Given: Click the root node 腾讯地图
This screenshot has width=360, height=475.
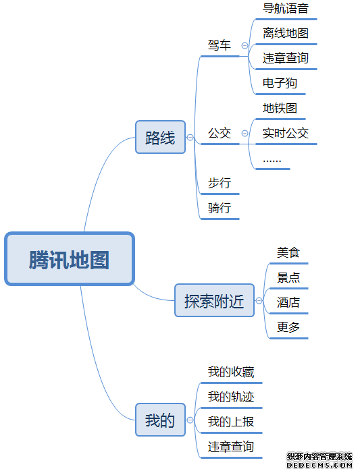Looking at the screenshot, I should pos(70,259).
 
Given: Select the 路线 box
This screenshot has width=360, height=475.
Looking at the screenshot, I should pos(160,138).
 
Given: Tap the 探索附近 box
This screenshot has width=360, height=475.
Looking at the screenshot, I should pos(214,301).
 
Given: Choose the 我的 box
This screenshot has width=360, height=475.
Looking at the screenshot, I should pos(160,420).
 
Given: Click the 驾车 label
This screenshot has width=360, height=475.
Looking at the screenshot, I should pos(220,46).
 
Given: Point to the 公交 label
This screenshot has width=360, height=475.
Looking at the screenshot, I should pos(220,133).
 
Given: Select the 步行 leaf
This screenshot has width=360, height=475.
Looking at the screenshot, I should pos(220,183).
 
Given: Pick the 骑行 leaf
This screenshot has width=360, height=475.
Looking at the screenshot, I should pos(220,208).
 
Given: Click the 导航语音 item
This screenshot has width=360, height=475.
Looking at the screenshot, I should pos(286,9).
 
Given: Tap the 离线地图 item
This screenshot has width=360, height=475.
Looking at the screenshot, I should pos(286,33).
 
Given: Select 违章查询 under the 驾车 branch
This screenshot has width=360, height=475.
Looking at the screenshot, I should pos(286,58).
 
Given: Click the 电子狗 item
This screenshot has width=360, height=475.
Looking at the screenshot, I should pos(280,83).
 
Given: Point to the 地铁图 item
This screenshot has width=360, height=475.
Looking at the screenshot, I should pos(280,108).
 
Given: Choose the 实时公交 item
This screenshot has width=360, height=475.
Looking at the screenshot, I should pos(286,133).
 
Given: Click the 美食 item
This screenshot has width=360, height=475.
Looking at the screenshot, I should pos(288,253).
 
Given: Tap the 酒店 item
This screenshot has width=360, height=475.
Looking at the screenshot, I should pos(288,302).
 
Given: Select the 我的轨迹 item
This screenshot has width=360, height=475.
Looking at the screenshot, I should pos(231,397).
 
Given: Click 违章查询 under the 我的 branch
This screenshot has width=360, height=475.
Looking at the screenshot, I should pos(231,447).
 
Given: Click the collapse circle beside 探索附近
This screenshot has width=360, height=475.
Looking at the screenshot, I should pos(259,301).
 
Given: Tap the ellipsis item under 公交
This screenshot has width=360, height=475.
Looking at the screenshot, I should pos(272,159).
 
